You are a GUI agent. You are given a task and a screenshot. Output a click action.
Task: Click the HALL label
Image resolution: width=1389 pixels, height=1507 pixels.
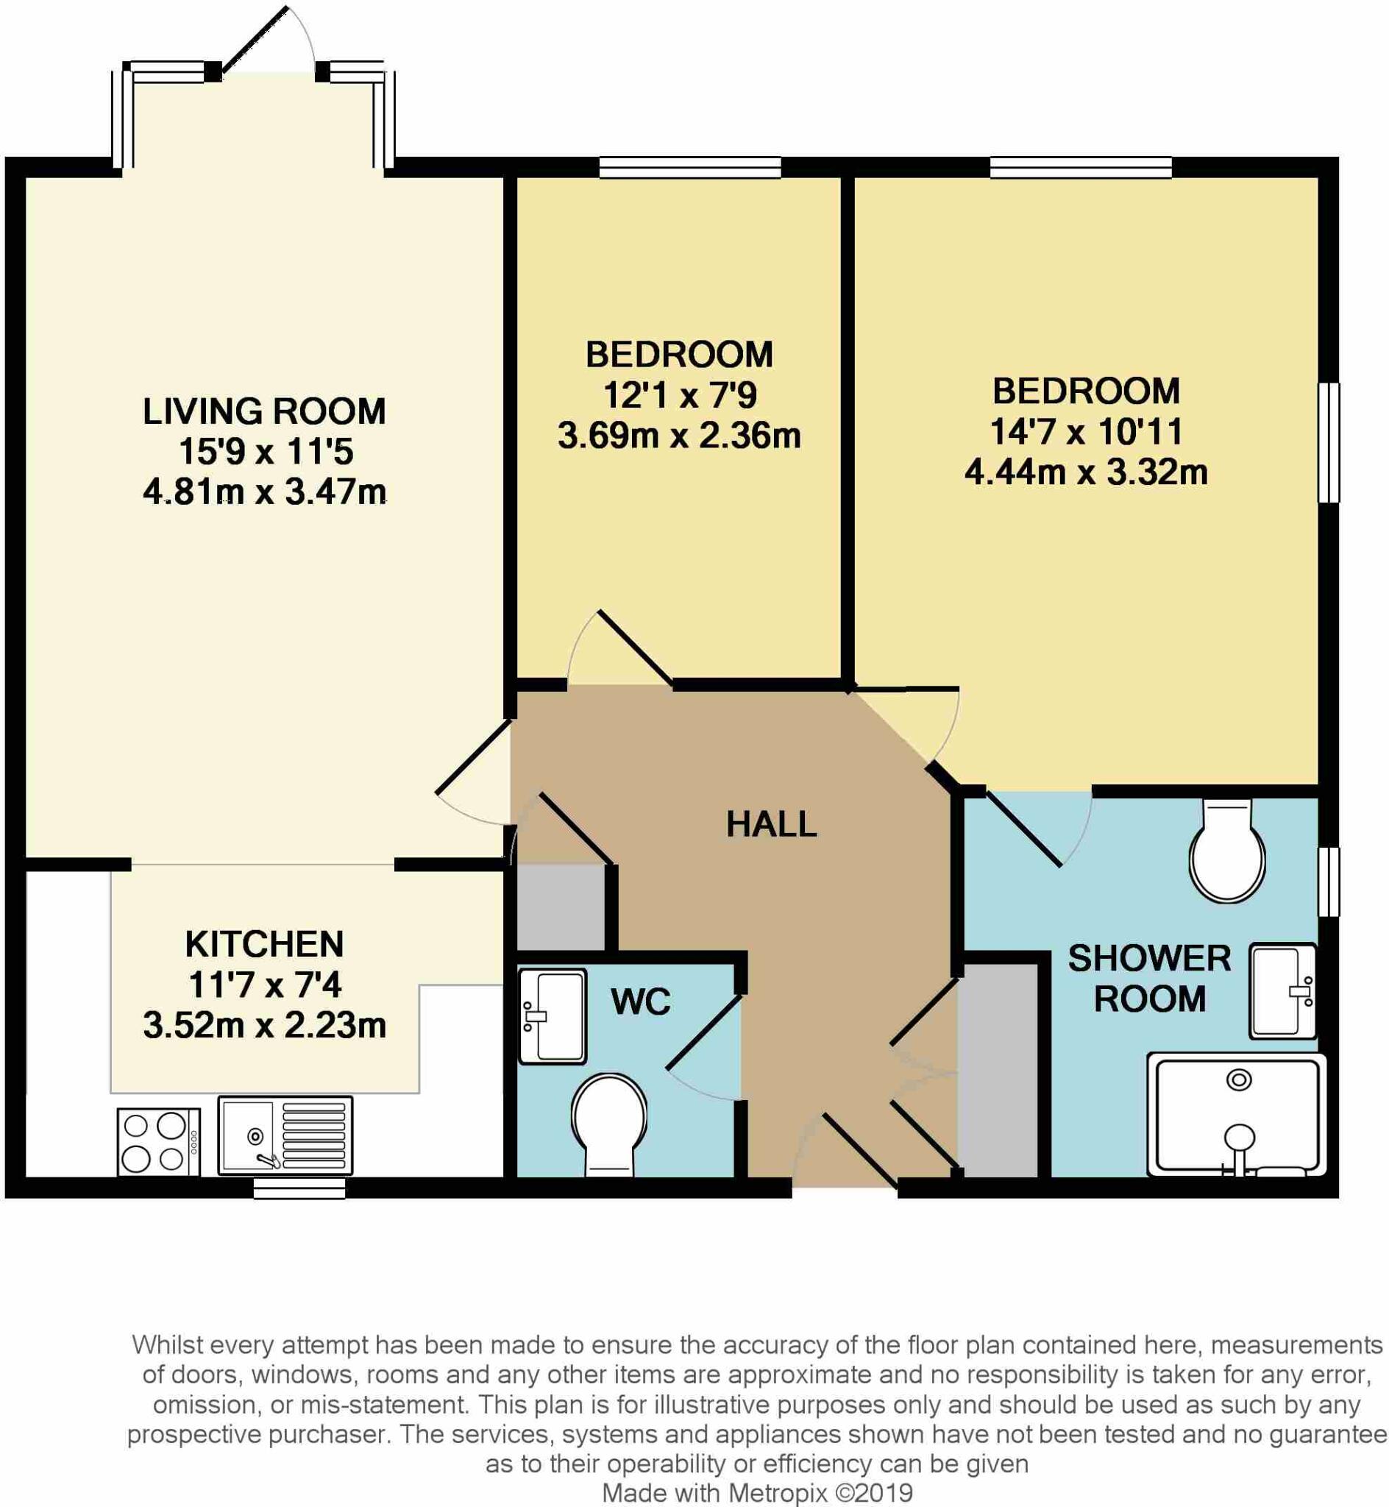tap(771, 825)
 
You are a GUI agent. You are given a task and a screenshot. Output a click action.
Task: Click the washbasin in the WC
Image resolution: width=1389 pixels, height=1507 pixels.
tap(553, 1016)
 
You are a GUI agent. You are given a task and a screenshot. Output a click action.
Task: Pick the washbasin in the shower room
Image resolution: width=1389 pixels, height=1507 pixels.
tap(1282, 991)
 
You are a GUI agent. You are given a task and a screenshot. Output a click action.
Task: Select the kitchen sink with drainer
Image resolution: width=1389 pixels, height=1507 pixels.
tap(285, 1135)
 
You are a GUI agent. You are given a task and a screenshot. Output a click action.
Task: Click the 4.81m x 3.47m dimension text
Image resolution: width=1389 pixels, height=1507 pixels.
tap(265, 492)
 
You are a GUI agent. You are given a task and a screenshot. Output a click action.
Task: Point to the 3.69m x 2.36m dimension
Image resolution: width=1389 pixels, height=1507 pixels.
tap(679, 436)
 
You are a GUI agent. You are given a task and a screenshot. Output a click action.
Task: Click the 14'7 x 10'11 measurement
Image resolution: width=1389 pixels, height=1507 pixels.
tap(1086, 431)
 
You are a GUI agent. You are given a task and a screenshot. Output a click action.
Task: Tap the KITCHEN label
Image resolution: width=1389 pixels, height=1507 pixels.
tap(265, 944)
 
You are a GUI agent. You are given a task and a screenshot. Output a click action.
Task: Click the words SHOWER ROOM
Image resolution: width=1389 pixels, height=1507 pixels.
tap(1149, 978)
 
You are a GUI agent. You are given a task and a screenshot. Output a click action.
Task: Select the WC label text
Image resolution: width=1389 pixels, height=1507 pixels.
tap(640, 1002)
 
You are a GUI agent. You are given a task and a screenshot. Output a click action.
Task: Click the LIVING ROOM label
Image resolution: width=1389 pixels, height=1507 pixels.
tap(265, 411)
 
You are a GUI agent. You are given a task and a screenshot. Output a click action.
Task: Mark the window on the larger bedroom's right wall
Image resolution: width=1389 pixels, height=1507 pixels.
tap(1329, 442)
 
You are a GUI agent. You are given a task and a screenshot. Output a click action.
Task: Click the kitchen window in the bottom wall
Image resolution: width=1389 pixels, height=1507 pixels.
tap(299, 1188)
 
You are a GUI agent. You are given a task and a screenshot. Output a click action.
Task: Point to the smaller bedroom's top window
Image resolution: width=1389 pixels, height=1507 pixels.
tap(690, 167)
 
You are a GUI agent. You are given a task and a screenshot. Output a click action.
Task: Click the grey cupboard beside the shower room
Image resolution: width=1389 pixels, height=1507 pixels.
tap(998, 1071)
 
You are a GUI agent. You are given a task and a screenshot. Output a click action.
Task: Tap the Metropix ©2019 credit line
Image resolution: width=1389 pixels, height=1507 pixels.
tap(758, 1493)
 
